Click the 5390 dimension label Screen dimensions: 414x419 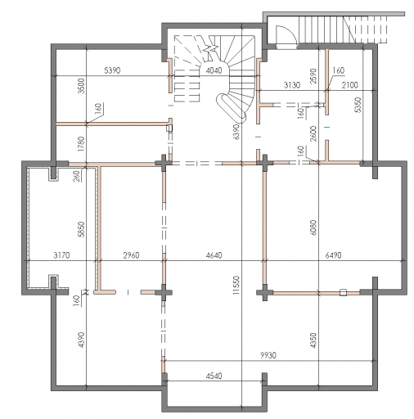(112, 70)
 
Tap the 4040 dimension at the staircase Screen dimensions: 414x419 (214, 70)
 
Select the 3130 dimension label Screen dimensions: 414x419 (292, 85)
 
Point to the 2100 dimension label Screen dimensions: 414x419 (350, 85)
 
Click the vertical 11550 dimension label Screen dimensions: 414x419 (236, 285)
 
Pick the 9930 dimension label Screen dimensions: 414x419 (268, 355)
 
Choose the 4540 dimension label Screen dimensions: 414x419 (214, 376)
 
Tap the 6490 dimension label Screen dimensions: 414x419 (333, 255)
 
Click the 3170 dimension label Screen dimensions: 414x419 (61, 255)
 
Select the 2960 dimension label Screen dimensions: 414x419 (131, 255)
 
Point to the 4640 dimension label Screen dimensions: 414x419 (214, 255)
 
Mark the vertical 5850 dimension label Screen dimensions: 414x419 (82, 229)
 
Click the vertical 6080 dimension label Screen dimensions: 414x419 (313, 228)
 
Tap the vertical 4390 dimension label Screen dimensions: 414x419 (82, 340)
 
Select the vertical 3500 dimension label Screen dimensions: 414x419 (82, 86)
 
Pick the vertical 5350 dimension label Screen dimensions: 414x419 (358, 105)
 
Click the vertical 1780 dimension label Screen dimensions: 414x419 (82, 144)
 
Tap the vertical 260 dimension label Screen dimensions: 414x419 (77, 176)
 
